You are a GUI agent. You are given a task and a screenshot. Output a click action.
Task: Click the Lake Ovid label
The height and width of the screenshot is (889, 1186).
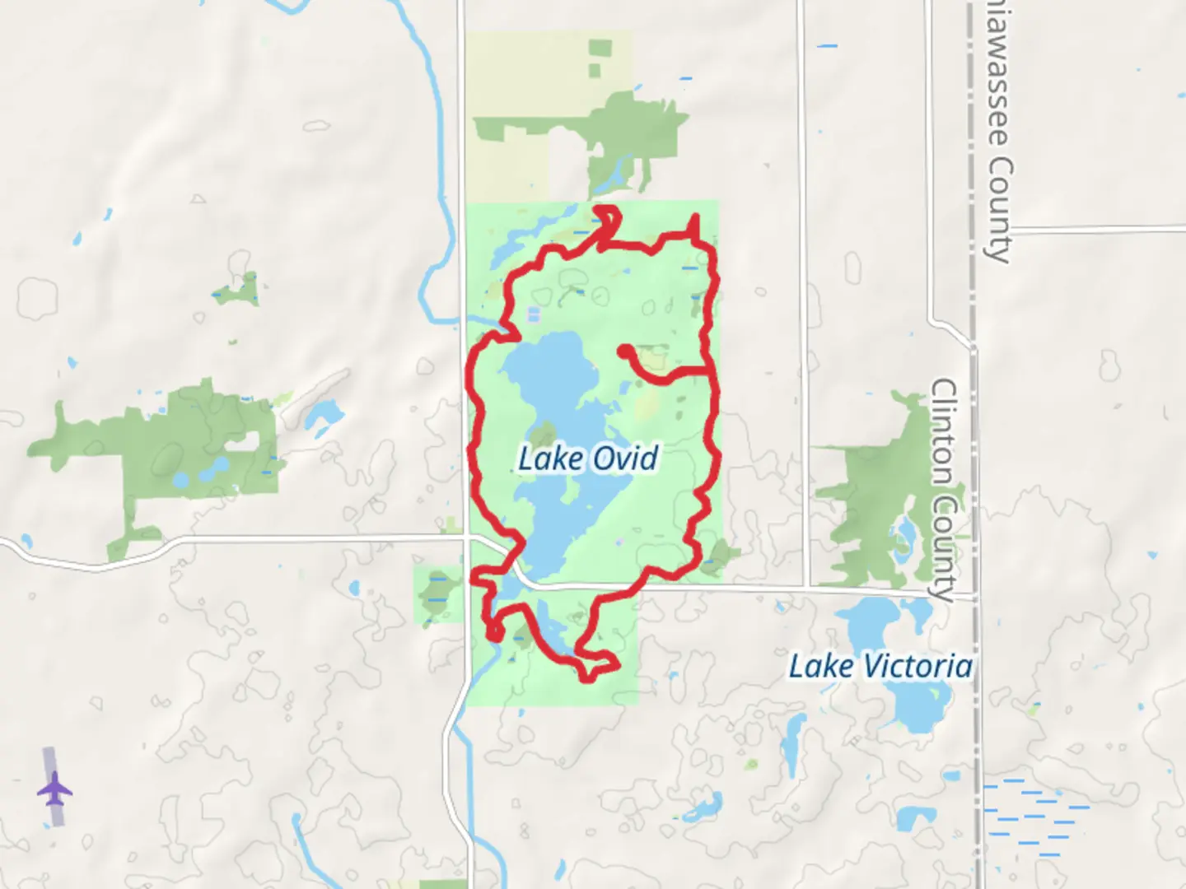588,458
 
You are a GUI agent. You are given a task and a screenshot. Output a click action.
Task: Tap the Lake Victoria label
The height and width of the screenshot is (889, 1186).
880,665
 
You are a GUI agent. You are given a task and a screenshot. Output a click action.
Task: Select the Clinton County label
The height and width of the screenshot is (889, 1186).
944,489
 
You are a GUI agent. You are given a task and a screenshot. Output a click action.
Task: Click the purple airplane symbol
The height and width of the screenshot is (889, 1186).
54,789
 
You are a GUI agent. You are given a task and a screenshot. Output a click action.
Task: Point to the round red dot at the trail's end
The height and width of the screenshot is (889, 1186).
624,351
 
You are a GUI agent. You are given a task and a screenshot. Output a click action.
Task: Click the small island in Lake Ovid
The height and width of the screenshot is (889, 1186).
543,436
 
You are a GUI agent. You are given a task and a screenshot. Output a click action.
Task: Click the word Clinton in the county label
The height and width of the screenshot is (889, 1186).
944,433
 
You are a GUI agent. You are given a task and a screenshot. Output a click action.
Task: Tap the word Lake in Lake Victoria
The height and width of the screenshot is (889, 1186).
819,665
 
